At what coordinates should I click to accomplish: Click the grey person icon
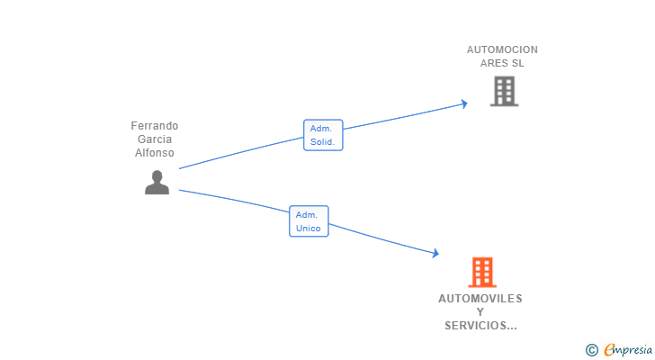pos(157,183)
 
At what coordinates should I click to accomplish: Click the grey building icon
pos(503,91)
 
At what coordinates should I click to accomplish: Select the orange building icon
pos(481,272)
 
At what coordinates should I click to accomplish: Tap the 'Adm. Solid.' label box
pos(322,135)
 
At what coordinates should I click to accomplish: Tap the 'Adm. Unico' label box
pos(309,221)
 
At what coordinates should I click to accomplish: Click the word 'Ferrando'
pos(155,126)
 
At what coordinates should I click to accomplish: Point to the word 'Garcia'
pos(155,139)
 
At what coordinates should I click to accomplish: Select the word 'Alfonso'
pos(155,153)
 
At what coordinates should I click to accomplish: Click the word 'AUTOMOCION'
pos(502,50)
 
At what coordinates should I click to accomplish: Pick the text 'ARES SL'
pos(502,64)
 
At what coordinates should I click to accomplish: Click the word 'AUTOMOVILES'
pos(480,299)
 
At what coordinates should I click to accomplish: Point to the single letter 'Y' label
pos(480,312)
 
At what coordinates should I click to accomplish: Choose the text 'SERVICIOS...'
pos(480,326)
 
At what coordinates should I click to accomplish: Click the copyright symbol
pos(591,349)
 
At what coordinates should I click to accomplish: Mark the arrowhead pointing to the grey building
pos(463,103)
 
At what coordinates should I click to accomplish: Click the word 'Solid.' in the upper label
pos(322,142)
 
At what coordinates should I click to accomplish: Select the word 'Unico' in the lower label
pos(309,229)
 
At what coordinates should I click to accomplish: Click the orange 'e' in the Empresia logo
pos(609,349)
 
